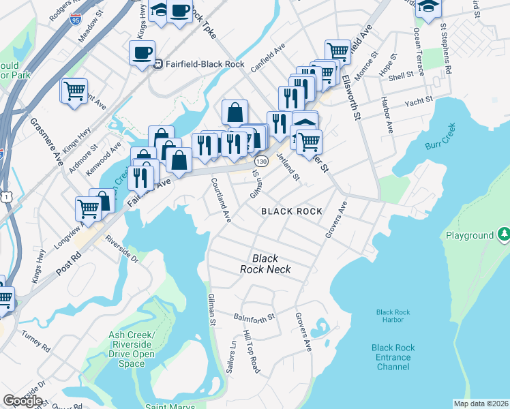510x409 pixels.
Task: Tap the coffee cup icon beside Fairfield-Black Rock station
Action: pos(142,52)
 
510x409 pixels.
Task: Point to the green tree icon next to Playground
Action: pos(503,235)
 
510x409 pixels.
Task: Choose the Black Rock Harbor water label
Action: pos(393,316)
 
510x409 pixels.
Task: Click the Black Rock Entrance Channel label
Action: pos(393,357)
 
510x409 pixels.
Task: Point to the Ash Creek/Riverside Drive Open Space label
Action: pos(131,349)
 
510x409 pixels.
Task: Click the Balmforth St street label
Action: pos(254,317)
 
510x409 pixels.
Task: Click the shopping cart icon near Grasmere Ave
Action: pos(74,91)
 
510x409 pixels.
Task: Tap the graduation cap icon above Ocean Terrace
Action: pos(428,7)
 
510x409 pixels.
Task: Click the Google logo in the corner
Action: pos(22,400)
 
